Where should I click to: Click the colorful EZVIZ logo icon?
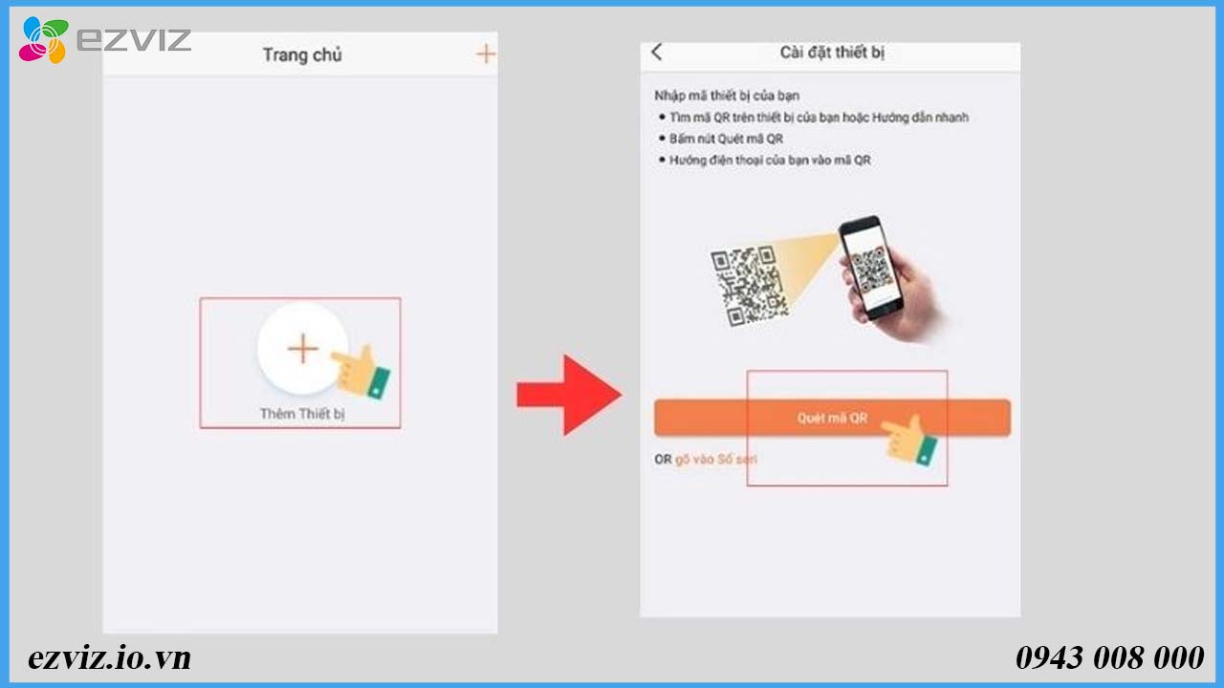(x=44, y=39)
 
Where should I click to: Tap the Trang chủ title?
(x=302, y=54)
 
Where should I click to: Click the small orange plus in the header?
(x=485, y=54)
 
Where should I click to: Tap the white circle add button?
(x=303, y=349)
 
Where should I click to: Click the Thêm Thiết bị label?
(x=302, y=414)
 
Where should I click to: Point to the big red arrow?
(x=569, y=395)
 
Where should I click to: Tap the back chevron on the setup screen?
(x=657, y=52)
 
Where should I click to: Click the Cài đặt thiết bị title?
(x=832, y=53)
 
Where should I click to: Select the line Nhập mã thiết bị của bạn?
(x=727, y=96)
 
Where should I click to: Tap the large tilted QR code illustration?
(x=749, y=286)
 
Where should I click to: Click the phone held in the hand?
(x=871, y=267)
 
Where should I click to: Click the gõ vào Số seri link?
(x=716, y=460)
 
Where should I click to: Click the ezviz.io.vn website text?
(x=109, y=657)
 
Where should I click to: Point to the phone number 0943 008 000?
(x=1110, y=657)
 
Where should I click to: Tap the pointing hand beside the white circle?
(x=361, y=372)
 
